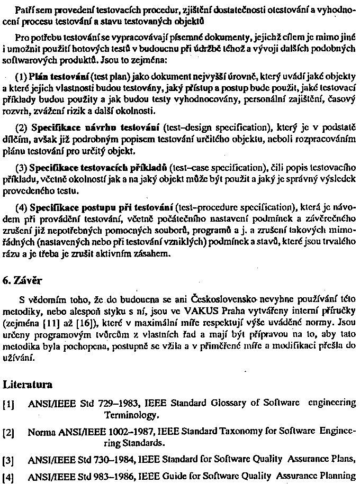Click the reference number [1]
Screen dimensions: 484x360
click(x=8, y=403)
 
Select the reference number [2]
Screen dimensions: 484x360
click(x=8, y=433)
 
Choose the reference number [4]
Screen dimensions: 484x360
click(x=8, y=476)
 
